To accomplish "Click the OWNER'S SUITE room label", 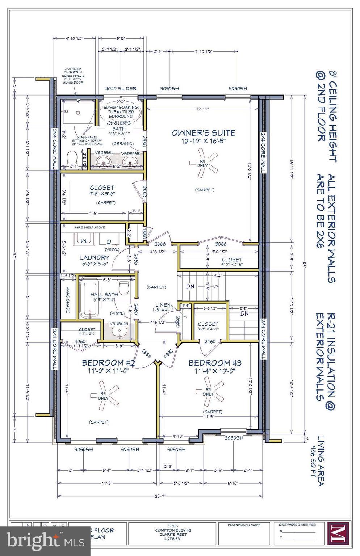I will click(x=203, y=133).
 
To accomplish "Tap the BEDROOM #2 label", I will click(x=109, y=363).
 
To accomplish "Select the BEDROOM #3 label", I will click(x=215, y=363).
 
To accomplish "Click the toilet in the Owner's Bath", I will click(x=73, y=158).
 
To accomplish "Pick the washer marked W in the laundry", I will click(x=83, y=240).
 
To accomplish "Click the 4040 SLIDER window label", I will click(x=121, y=89).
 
